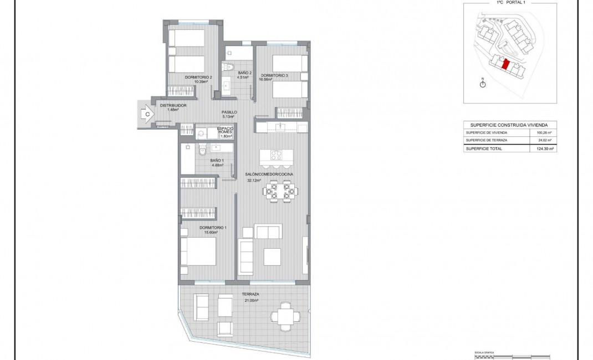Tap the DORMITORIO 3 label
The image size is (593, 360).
[x=274, y=75]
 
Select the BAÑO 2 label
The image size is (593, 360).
[x=245, y=73]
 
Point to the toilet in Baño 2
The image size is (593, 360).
[x=228, y=67]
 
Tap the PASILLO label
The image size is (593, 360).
[x=229, y=112]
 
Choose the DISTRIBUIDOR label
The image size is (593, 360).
[x=173, y=105]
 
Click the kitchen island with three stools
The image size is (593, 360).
[x=275, y=155]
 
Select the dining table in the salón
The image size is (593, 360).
[x=279, y=192]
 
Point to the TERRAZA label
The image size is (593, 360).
[x=251, y=295]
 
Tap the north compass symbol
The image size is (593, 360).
[x=482, y=84]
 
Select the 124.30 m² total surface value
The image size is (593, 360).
[x=546, y=148]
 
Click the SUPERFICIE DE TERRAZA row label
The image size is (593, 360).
[x=487, y=141]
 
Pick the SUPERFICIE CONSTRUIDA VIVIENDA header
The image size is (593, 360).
[x=509, y=125]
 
